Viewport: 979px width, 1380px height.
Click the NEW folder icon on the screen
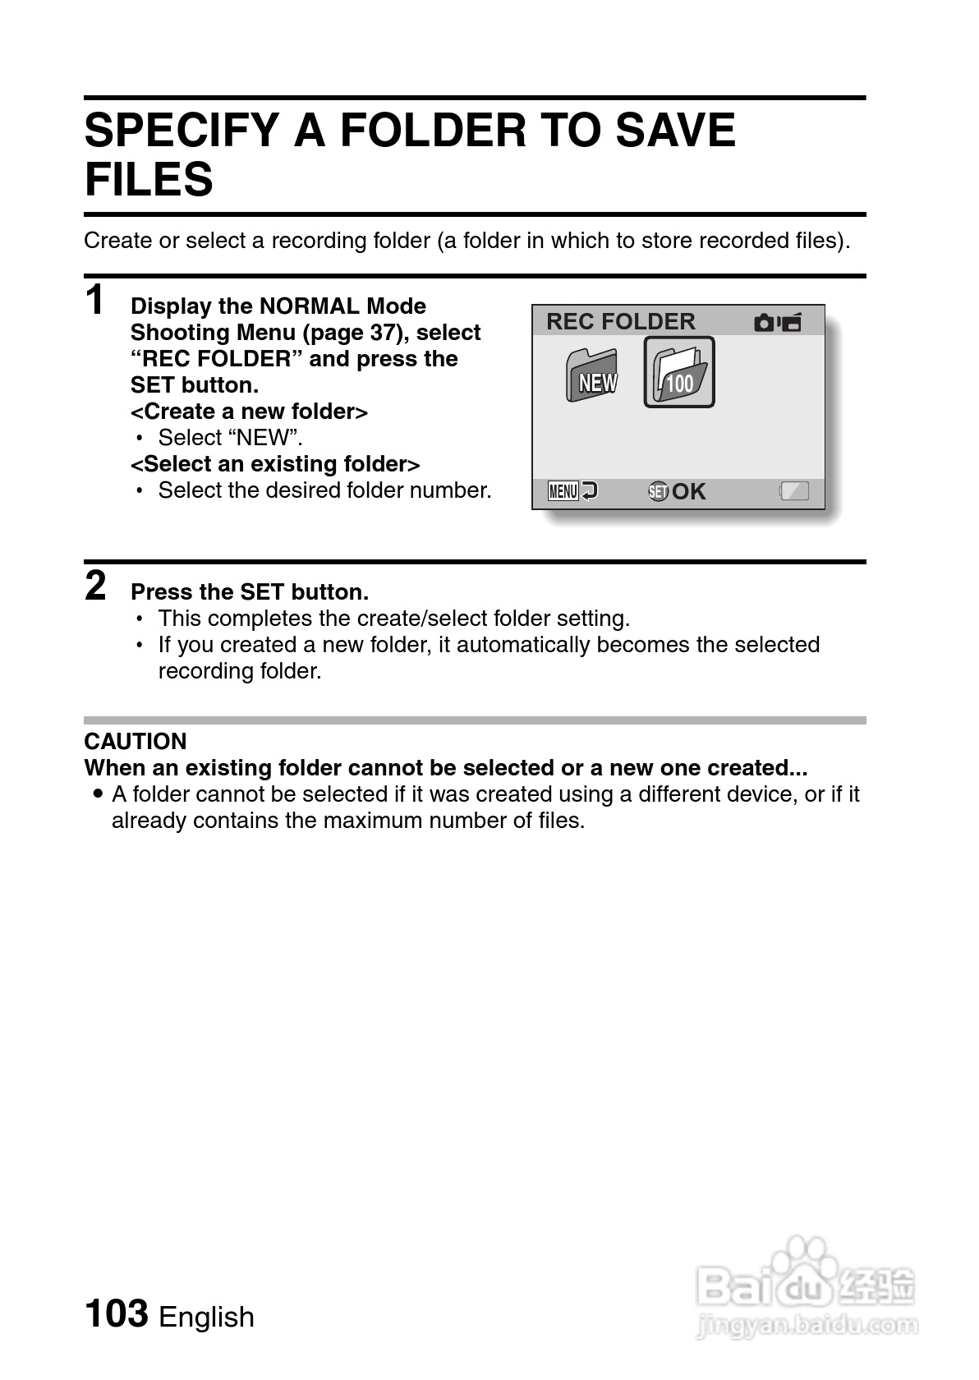pyautogui.click(x=592, y=376)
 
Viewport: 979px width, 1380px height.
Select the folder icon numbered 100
pyautogui.click(x=678, y=373)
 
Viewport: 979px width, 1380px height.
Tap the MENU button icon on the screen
pyautogui.click(x=564, y=491)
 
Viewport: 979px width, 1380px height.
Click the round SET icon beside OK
pyautogui.click(x=658, y=491)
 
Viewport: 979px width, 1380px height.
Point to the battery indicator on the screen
pyautogui.click(x=794, y=491)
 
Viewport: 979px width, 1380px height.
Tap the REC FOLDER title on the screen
pyautogui.click(x=620, y=321)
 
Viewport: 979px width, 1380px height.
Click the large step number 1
pyautogui.click(x=95, y=300)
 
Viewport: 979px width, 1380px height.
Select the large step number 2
pyautogui.click(x=95, y=586)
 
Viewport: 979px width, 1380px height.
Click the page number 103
pyautogui.click(x=116, y=1313)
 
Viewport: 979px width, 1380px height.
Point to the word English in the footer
pyautogui.click(x=206, y=1317)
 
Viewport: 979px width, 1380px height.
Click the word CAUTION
pyautogui.click(x=136, y=741)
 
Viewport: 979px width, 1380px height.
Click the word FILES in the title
pyautogui.click(x=149, y=179)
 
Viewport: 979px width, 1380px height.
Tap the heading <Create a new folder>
pyautogui.click(x=249, y=412)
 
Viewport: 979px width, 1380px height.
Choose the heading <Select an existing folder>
pyautogui.click(x=275, y=464)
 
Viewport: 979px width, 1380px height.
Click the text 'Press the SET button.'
pyautogui.click(x=250, y=592)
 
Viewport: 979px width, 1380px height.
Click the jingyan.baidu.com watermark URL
pyautogui.click(x=806, y=1324)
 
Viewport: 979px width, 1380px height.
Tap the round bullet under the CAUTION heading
pyautogui.click(x=99, y=794)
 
